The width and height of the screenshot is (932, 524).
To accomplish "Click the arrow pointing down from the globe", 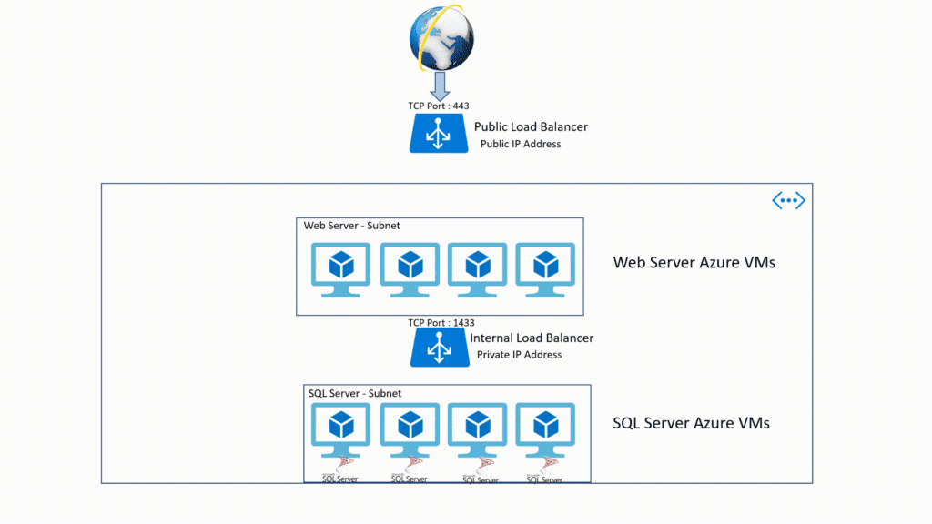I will pos(440,86).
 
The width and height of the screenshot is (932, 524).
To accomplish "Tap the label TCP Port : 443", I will pos(439,106).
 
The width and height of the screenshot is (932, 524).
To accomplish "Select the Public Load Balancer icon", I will pos(439,134).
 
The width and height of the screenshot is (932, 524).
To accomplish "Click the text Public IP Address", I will pos(521,144).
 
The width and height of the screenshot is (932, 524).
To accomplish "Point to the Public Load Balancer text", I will pos(531,126).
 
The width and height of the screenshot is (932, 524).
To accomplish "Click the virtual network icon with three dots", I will pos(788,201).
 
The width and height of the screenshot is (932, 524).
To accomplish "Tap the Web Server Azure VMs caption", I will pos(694,263).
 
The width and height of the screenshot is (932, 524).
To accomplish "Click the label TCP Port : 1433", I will pos(441,322).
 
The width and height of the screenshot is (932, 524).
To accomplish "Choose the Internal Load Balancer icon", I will pos(440,348).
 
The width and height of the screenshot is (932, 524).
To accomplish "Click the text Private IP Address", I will pos(519,355).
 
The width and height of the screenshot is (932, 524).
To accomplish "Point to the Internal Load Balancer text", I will pos(532,338).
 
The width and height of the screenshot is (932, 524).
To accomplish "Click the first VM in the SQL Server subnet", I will pos(341,432).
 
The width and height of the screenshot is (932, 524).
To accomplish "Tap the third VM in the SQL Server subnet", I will pos(477,432).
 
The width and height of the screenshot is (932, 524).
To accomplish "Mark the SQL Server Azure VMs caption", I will pos(691,423).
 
